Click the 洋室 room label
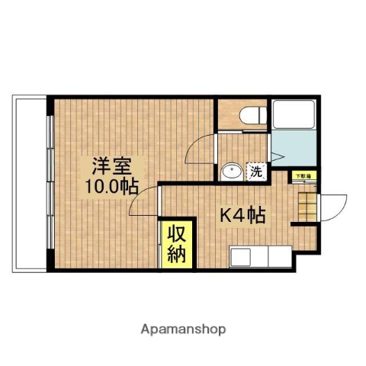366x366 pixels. tap(111, 165)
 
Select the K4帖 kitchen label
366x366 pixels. tap(242, 216)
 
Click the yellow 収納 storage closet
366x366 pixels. tap(175, 243)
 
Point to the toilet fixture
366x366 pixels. tap(251, 115)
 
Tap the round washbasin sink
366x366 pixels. tap(231, 171)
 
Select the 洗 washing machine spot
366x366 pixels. tap(257, 172)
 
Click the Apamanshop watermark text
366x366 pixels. tap(182, 329)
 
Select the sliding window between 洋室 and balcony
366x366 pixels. tap(50, 183)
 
